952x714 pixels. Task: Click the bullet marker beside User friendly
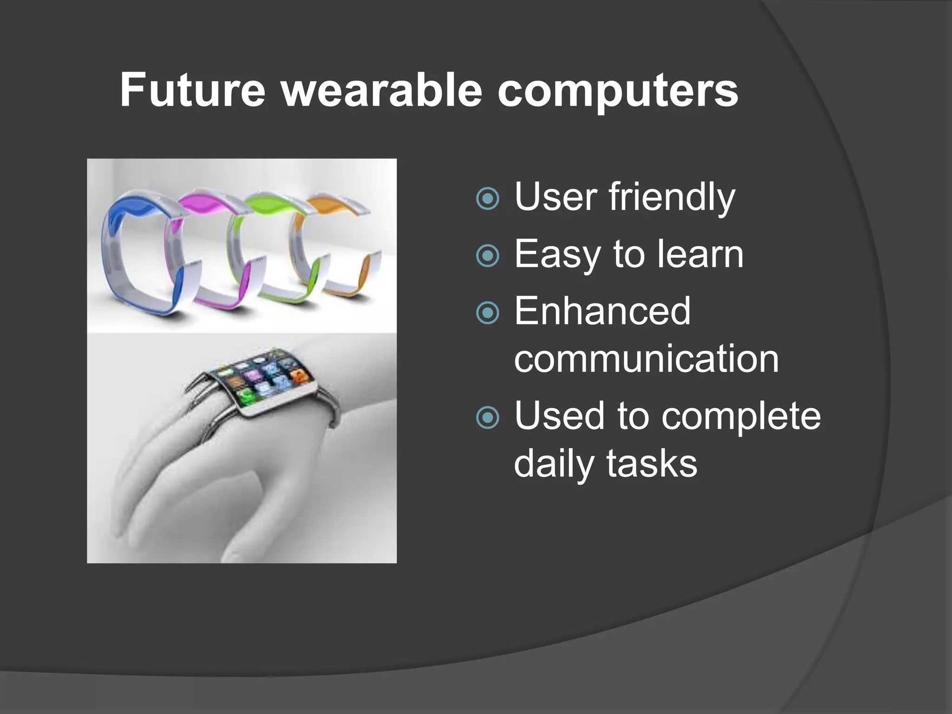pyautogui.click(x=488, y=199)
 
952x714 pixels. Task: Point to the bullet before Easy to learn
pyautogui.click(x=488, y=256)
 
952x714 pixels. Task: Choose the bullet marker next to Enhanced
pyautogui.click(x=488, y=313)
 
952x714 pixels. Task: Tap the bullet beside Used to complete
pyautogui.click(x=488, y=417)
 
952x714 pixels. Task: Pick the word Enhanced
pyautogui.click(x=602, y=311)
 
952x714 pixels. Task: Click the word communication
pyautogui.click(x=646, y=359)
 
